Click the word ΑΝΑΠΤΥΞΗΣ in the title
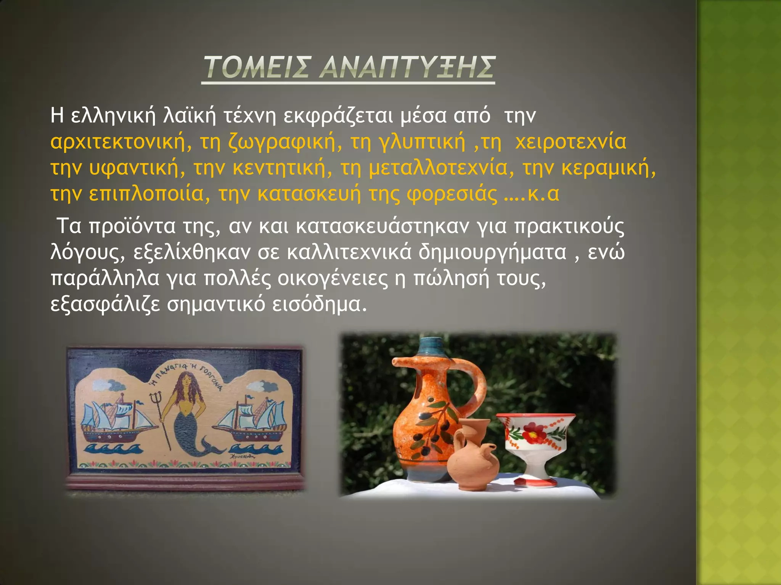pyautogui.click(x=407, y=67)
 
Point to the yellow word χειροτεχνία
pyautogui.click(x=570, y=142)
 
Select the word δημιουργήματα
pyautogui.click(x=492, y=252)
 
